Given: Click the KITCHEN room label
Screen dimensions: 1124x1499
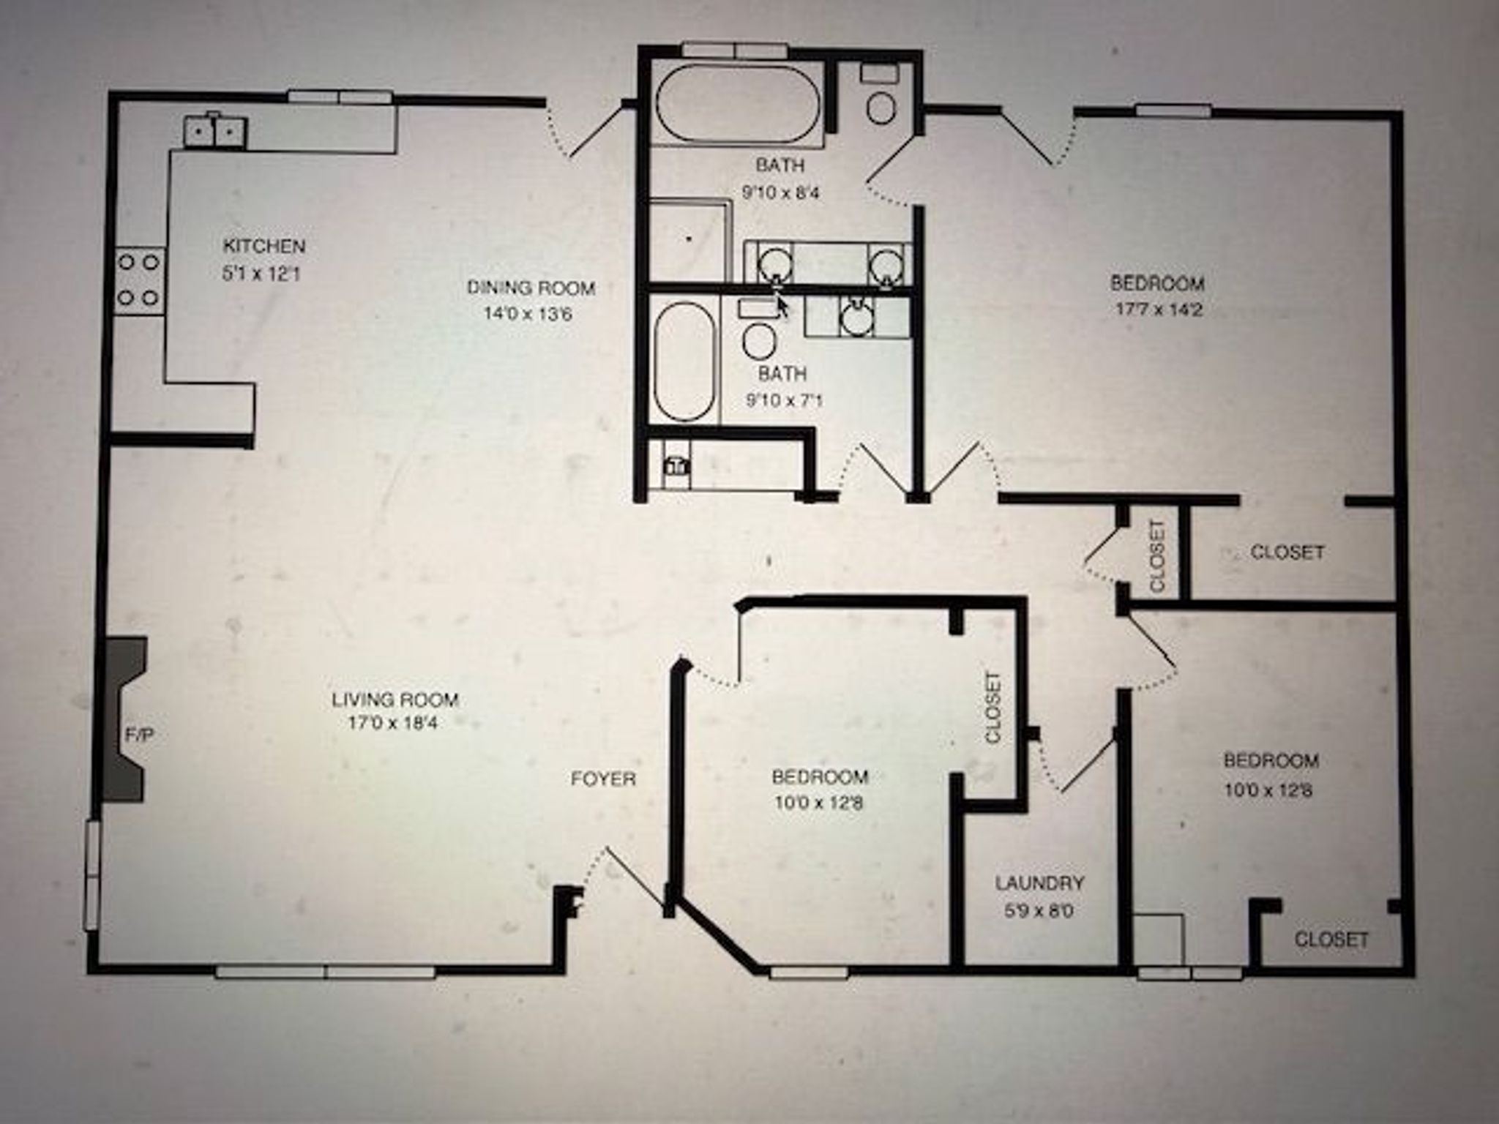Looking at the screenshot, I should (263, 245).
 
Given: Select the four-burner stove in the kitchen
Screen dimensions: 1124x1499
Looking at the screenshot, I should (139, 279).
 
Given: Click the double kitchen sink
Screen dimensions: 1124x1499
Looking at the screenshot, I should (214, 132).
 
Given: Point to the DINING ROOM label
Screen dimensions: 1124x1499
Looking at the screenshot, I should (531, 288).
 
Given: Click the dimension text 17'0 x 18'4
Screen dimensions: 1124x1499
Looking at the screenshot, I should (395, 724).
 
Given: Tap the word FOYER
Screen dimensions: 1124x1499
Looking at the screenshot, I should (603, 779).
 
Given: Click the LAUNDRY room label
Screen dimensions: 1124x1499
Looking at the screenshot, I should (1039, 883).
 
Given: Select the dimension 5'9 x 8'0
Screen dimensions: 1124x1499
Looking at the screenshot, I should (1039, 912).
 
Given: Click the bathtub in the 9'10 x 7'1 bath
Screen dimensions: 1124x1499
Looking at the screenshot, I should (684, 362).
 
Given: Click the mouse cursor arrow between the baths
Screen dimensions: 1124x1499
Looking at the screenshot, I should (782, 304).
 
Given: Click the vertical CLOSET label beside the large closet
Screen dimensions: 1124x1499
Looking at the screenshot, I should (1157, 556).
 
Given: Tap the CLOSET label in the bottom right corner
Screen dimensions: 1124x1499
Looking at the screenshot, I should (1331, 939).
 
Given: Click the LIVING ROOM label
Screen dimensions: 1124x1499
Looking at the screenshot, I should (395, 699).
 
